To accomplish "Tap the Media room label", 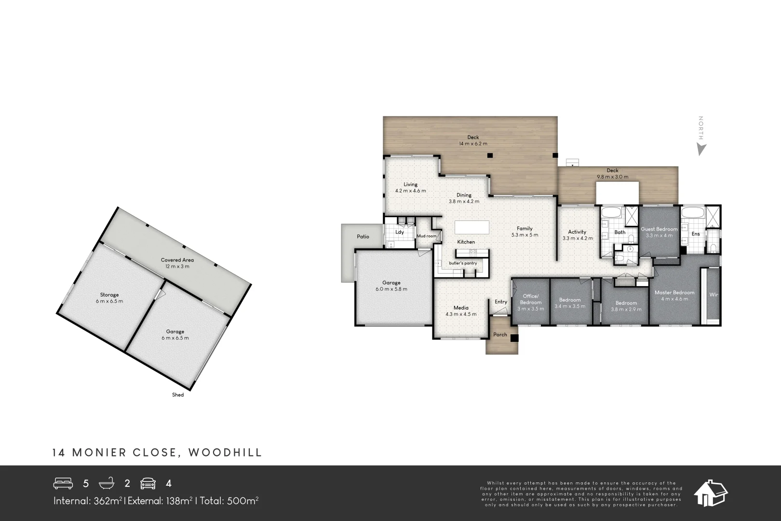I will [x=461, y=308].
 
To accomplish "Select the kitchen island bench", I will [x=471, y=227].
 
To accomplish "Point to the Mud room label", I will [x=426, y=236].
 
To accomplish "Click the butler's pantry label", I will [x=463, y=263].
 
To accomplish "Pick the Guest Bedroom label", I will [x=659, y=229].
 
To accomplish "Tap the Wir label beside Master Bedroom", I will [x=714, y=295].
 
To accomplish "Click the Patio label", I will [x=363, y=236].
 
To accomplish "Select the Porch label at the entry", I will [x=500, y=334].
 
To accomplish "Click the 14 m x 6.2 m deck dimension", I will [x=473, y=144].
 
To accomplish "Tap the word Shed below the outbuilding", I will [x=178, y=395].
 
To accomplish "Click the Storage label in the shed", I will [x=109, y=295].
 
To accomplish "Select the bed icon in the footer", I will [x=63, y=483].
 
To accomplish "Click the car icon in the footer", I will [x=148, y=483].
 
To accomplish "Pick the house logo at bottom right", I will [x=710, y=493].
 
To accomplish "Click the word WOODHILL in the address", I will [x=225, y=452].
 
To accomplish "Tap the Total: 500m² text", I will [x=229, y=501].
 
